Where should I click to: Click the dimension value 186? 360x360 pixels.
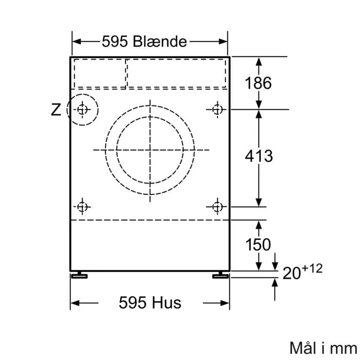(258, 83)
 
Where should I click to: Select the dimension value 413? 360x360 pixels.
(258, 155)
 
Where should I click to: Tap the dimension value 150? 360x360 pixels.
(258, 245)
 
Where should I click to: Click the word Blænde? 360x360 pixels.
(160, 42)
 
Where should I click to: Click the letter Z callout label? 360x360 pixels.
(56, 110)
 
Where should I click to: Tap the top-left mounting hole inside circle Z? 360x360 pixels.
(83, 109)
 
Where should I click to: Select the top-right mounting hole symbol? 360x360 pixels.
(217, 109)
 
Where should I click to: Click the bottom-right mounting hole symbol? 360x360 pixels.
(217, 207)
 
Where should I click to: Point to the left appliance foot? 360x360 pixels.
(80, 275)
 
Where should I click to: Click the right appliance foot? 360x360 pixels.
(220, 275)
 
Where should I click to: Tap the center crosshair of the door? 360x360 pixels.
(150, 150)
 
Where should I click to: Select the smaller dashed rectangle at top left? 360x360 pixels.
(100, 73)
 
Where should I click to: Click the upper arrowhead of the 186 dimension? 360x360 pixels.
(258, 60)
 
